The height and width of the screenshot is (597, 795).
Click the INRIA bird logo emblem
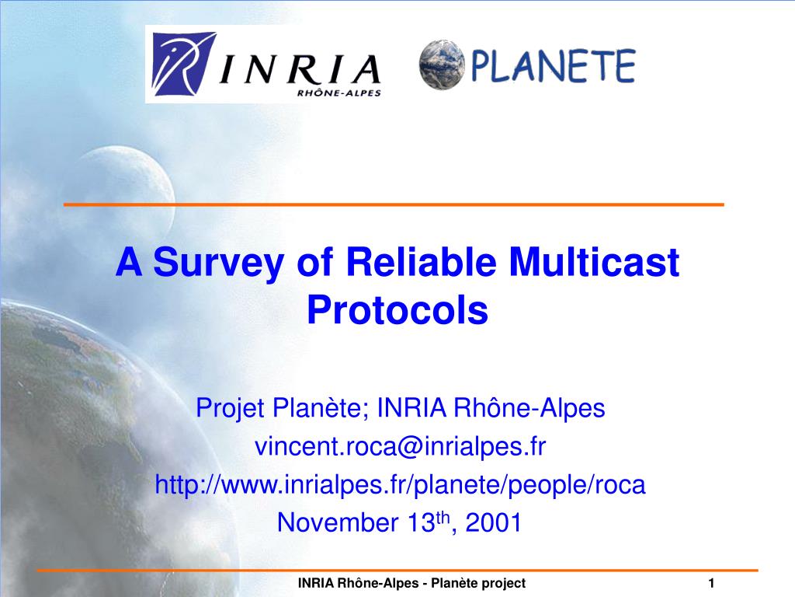(184, 64)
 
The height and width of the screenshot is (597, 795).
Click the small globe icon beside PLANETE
(442, 65)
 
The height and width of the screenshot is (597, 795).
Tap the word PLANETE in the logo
(553, 66)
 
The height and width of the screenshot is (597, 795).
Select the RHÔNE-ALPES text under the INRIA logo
(338, 93)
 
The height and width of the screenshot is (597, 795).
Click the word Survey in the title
(218, 263)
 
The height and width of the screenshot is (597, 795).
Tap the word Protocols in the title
(397, 309)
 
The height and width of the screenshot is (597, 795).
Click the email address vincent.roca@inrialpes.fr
(400, 446)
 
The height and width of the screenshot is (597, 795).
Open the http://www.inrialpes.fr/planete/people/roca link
(400, 484)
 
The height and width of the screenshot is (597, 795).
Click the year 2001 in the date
(493, 522)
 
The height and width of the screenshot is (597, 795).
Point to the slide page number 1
(711, 583)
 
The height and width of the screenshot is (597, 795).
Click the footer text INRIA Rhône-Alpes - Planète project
(411, 583)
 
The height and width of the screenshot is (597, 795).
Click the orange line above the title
(394, 204)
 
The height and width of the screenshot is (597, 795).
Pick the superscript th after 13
(443, 517)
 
